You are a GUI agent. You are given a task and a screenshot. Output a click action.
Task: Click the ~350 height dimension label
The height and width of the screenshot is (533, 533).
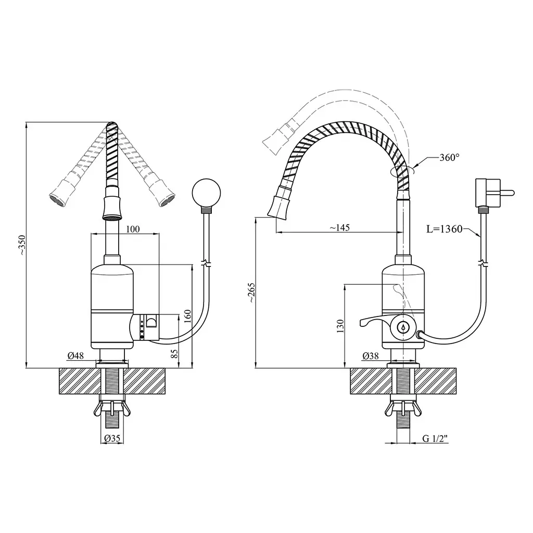click(x=22, y=245)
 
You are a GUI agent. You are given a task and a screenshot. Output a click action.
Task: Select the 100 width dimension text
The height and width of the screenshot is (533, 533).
click(x=133, y=229)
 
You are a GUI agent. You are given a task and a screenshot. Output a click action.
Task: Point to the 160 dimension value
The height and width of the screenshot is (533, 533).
click(x=187, y=316)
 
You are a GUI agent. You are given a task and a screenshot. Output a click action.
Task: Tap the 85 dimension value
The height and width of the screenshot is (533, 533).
click(x=174, y=353)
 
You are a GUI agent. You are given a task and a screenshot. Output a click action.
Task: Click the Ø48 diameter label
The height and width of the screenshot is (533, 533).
click(x=75, y=356)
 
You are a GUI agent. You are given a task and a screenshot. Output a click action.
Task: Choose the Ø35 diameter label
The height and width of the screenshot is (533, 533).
click(x=112, y=438)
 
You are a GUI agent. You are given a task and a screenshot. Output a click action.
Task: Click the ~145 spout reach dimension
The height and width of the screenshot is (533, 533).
click(x=339, y=227)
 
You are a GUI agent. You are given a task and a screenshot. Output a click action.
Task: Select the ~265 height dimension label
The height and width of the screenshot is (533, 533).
click(x=251, y=293)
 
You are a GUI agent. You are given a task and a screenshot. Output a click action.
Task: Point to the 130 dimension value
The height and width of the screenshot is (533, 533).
click(x=340, y=326)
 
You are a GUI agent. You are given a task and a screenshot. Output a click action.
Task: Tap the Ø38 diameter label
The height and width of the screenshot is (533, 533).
click(x=371, y=356)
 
